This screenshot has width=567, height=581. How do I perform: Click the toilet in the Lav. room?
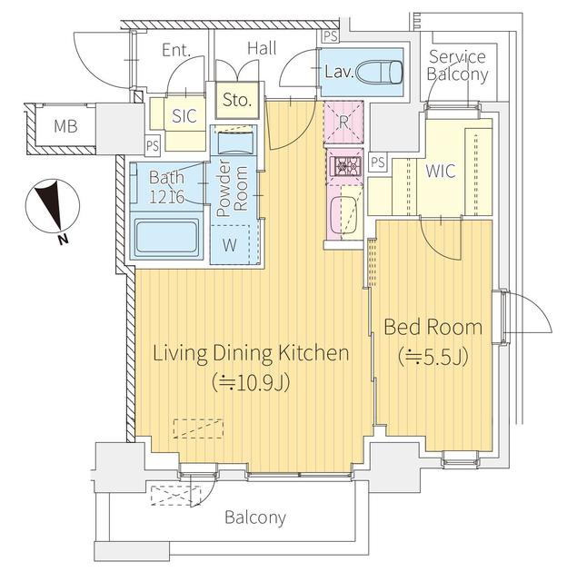tap(379, 73)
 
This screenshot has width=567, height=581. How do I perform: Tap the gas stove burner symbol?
tap(344, 166)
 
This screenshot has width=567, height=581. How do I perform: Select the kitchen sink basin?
tap(343, 215)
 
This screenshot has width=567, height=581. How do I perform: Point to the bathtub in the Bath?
tap(166, 236)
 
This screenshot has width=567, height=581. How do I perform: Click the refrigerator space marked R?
tap(343, 122)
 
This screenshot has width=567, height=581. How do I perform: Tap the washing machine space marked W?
tap(230, 244)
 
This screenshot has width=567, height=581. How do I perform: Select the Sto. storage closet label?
tap(237, 100)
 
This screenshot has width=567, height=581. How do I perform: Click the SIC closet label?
tap(184, 116)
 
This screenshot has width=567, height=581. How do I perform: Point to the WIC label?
tap(441, 171)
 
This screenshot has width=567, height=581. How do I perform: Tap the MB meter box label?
tap(65, 126)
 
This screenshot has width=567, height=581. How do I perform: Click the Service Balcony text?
tap(457, 65)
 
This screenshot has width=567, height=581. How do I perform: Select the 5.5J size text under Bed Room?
tap(433, 357)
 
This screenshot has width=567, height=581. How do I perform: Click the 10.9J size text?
tap(251, 382)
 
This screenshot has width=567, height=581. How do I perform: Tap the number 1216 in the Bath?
tap(166, 197)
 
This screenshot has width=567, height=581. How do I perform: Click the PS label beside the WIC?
tap(377, 162)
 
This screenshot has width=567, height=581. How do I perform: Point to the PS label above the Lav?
tap(330, 36)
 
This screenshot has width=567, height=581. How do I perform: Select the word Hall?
tap(262, 48)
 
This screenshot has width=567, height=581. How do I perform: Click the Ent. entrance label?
tap(176, 51)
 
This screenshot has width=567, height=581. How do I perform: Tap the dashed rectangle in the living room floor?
tap(198, 428)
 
